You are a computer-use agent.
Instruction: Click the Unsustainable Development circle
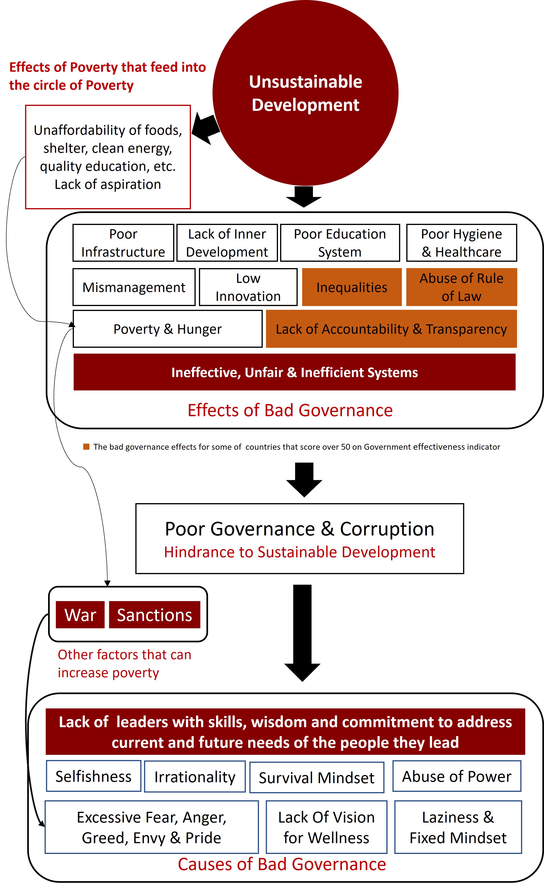pyautogui.click(x=305, y=93)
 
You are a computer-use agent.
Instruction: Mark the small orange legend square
pyautogui.click(x=86, y=447)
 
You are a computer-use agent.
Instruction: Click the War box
pyautogui.click(x=80, y=615)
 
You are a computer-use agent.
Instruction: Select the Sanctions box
pyautogui.click(x=155, y=615)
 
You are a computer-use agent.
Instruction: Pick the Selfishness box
pyautogui.click(x=93, y=776)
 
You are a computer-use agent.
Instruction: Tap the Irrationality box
pyautogui.click(x=195, y=776)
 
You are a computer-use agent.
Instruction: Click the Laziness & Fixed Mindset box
pyautogui.click(x=458, y=827)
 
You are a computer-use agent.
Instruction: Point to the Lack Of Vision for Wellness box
pyautogui.click(x=326, y=827)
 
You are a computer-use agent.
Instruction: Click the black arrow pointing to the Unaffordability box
pyautogui.click(x=206, y=128)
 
